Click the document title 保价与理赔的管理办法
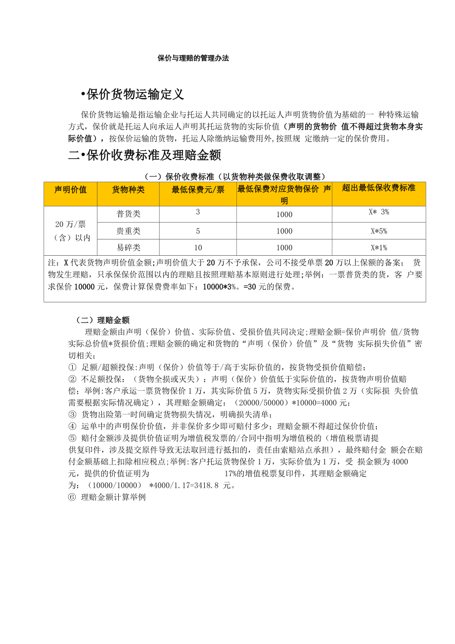(193, 58)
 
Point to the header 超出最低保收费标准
(379, 188)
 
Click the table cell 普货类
(128, 214)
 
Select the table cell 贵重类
(128, 231)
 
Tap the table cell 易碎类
(128, 248)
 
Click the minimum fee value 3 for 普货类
(198, 212)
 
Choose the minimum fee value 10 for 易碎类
(198, 247)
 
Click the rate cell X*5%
(379, 231)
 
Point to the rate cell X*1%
(379, 248)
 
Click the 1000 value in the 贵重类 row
(284, 231)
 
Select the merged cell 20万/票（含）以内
(70, 231)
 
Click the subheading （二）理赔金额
(103, 320)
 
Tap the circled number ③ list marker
(72, 414)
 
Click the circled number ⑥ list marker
(72, 498)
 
